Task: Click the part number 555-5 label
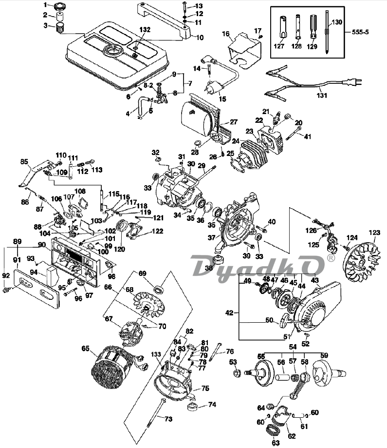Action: coord(360,32)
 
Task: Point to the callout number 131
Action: coord(322,95)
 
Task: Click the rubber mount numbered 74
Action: coord(193,407)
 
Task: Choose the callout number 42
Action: coord(229,313)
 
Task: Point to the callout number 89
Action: coord(18,241)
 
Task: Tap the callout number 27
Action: coord(234,122)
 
